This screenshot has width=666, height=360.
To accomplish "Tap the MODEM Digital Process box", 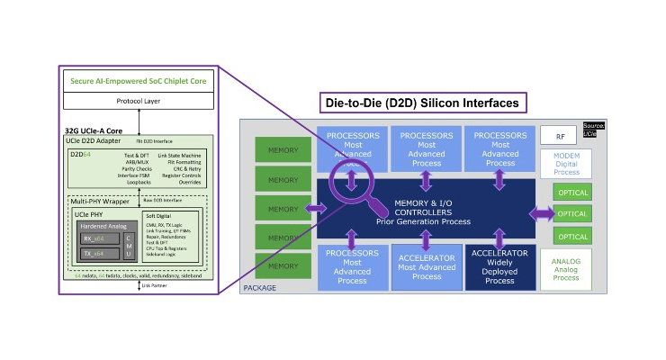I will pos(565,164).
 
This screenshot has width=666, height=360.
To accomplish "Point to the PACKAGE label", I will pos(260,288).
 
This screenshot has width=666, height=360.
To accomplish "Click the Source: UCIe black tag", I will pos(593,130).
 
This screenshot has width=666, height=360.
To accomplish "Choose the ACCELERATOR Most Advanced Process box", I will pos(426,267).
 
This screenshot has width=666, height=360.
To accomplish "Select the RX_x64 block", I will pos(94,239).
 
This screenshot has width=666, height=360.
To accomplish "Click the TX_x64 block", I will pos(94,255).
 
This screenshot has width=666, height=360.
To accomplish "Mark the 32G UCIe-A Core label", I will pos(94,131).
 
